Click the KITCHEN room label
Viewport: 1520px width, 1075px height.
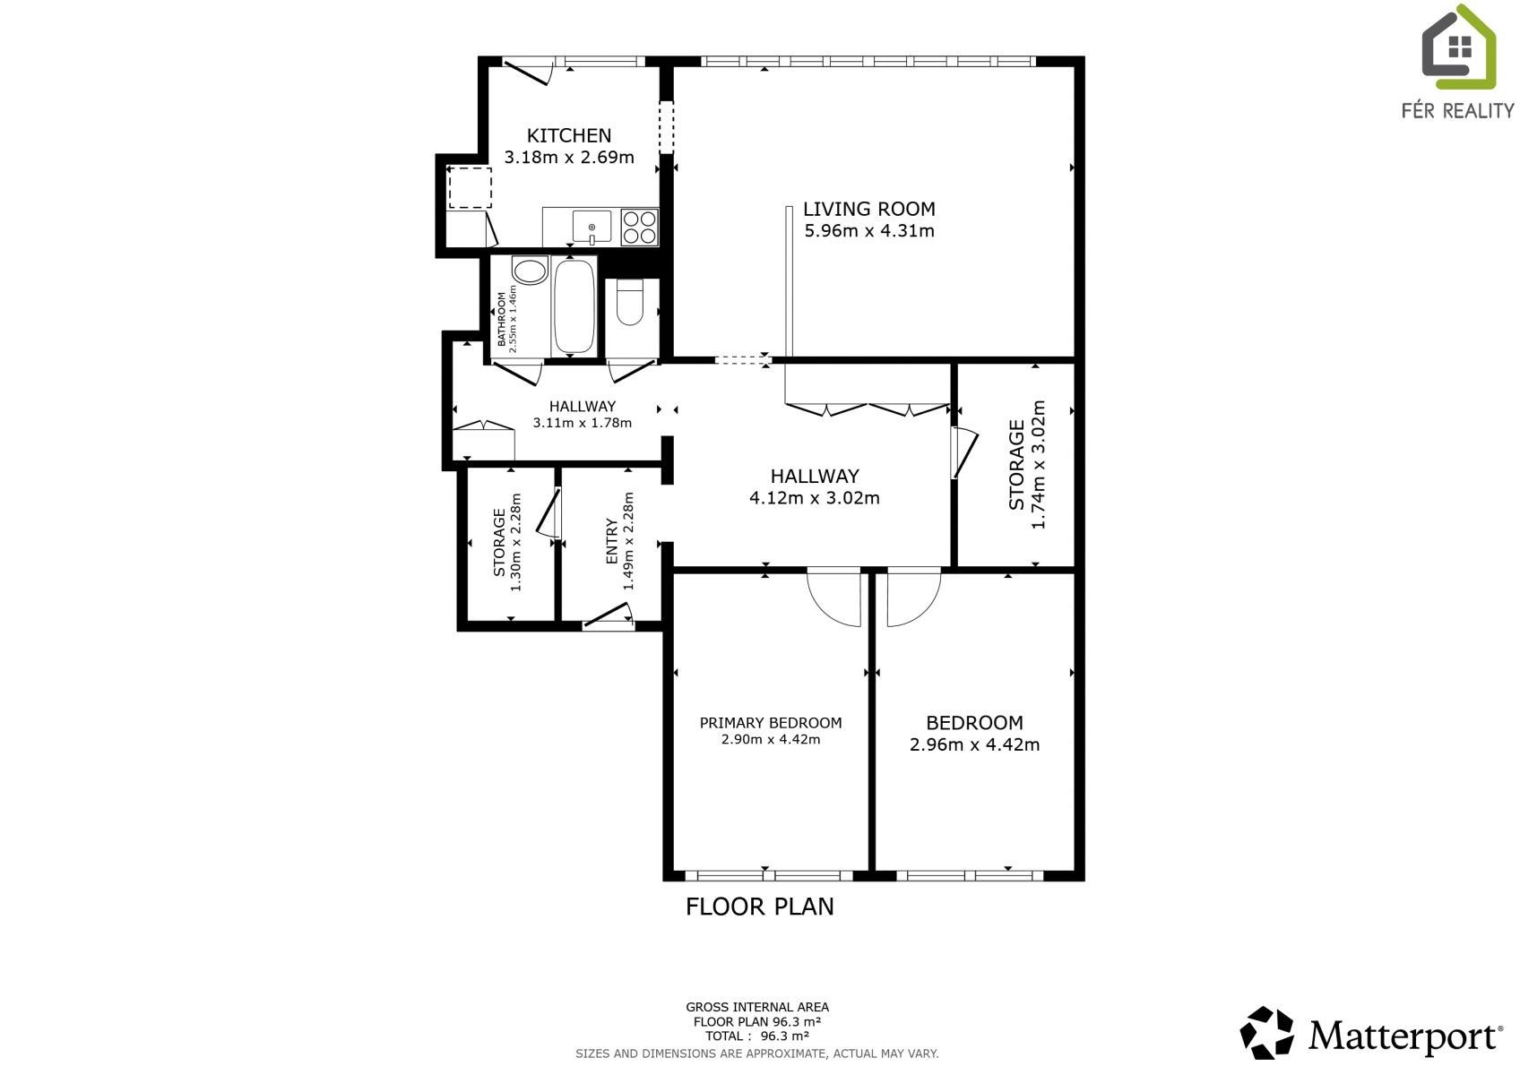click(568, 135)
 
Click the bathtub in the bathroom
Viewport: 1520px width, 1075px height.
click(574, 307)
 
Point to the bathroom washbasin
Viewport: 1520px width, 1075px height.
click(530, 271)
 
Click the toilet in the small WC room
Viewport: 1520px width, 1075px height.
click(631, 303)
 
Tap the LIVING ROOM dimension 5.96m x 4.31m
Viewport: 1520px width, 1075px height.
click(869, 231)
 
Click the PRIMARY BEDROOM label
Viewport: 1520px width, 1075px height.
click(770, 723)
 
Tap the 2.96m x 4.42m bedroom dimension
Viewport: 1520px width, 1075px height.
click(974, 744)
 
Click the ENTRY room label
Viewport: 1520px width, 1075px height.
click(612, 541)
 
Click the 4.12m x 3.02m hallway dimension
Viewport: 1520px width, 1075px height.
click(814, 498)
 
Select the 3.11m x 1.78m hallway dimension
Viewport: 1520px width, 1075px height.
click(582, 423)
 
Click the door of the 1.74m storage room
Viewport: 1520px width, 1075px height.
click(964, 452)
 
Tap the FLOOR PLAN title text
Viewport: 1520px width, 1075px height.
click(759, 907)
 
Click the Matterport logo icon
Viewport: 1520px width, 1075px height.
click(1266, 1032)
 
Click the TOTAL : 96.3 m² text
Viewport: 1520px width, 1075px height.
click(756, 1036)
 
